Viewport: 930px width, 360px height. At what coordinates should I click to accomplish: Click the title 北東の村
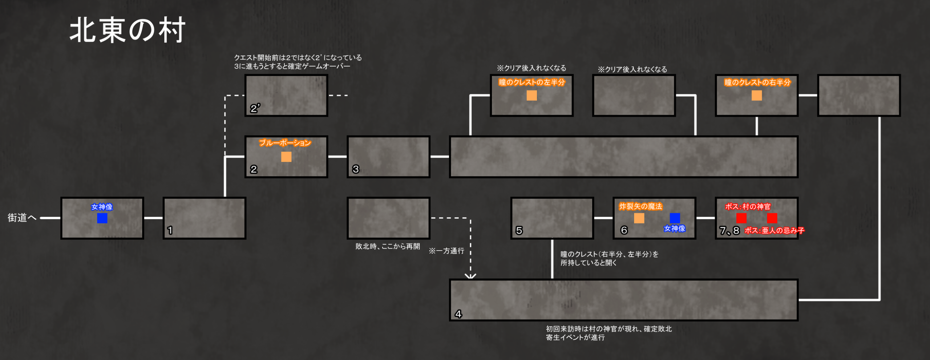(127, 30)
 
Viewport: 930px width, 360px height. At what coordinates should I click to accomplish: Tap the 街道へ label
(22, 218)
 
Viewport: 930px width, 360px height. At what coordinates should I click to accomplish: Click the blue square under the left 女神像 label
(102, 218)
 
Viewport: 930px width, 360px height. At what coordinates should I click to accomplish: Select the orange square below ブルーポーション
(286, 157)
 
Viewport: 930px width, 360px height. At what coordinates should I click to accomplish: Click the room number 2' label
(255, 108)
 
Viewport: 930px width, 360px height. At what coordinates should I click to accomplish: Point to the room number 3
(356, 169)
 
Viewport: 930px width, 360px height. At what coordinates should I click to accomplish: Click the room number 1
(170, 230)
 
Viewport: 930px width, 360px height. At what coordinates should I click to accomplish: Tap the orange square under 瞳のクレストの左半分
(532, 95)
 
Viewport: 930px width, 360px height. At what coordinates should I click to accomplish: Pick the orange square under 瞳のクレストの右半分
(757, 95)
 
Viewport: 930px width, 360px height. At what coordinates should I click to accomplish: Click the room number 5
(519, 230)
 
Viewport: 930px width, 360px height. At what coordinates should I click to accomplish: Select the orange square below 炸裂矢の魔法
(639, 218)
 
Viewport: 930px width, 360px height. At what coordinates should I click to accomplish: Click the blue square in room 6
(675, 218)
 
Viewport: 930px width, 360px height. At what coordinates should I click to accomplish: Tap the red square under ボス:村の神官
(741, 218)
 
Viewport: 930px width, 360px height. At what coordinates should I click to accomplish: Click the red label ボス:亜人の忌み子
(775, 230)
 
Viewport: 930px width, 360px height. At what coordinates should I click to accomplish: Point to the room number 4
(458, 314)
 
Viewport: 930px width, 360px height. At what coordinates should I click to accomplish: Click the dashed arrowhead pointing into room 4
(470, 276)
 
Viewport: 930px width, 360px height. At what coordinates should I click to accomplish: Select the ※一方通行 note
(446, 251)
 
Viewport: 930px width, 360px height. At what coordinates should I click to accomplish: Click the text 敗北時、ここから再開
(388, 246)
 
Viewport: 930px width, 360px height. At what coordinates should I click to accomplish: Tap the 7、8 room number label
(729, 230)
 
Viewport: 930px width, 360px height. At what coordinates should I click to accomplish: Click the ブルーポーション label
(285, 143)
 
